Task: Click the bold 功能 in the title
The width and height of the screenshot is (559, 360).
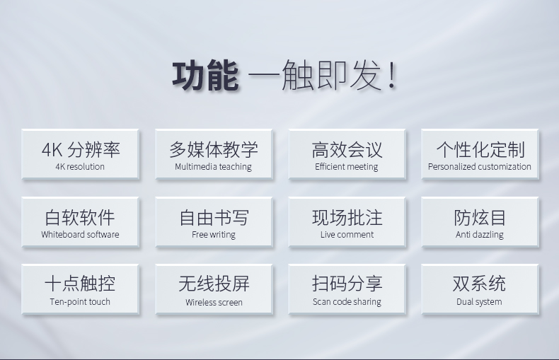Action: pos(205,76)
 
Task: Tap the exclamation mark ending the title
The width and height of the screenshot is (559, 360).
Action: pos(392,75)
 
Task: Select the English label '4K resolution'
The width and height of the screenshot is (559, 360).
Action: pos(80,166)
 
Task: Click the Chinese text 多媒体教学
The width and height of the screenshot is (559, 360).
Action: pos(214,149)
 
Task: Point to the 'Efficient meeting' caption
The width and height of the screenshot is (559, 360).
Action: pos(347,167)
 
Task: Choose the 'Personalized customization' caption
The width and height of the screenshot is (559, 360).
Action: pos(480,167)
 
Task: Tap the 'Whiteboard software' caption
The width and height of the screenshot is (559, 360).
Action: pos(80,235)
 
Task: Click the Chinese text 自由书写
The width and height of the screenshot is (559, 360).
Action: pos(214,217)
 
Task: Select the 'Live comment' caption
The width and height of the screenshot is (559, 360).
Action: pos(347,235)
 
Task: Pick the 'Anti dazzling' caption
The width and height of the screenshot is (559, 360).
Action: pos(480,235)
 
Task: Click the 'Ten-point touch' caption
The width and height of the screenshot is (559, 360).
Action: pos(80,302)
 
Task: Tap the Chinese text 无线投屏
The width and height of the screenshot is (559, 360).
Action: pos(214,284)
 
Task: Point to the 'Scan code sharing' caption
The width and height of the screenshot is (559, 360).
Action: pos(347,302)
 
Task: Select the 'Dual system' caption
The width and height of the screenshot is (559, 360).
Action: pos(479,302)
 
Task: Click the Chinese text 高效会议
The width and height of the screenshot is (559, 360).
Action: pos(347,149)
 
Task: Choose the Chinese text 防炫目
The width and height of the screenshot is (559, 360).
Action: pos(480,217)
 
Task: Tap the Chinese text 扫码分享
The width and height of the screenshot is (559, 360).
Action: pos(347,284)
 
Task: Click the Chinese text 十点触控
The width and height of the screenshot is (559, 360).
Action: pos(80,284)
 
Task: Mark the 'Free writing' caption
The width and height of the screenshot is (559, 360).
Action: pos(214,235)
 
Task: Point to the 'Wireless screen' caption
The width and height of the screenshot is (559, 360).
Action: pos(214,303)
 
